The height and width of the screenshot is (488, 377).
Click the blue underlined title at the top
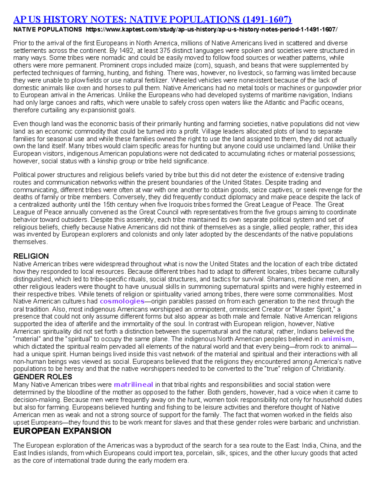[152, 19]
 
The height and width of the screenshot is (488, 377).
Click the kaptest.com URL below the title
[212, 30]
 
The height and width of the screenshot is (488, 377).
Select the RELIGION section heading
[31, 256]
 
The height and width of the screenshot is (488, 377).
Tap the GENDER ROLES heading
[42, 377]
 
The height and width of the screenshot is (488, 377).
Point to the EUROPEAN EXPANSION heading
[62, 431]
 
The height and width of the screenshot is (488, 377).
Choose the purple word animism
[337, 339]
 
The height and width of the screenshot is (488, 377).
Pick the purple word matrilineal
[133, 385]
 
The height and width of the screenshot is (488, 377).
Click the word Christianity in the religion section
[328, 369]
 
